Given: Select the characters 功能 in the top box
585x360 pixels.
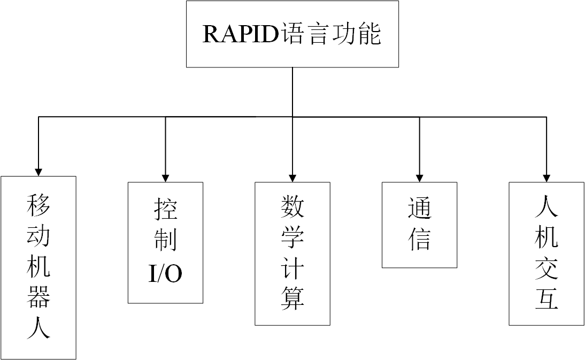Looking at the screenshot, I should coord(357,34).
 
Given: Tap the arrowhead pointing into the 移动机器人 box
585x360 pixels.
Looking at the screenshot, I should coord(39,171).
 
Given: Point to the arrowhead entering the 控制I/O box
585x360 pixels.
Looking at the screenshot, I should coord(165,177).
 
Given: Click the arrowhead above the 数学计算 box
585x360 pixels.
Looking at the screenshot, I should coord(292,177).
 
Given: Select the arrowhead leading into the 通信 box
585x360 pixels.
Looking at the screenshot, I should coord(419,177).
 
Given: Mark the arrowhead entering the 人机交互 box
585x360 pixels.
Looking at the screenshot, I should coord(546,177).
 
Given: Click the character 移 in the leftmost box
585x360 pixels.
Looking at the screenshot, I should coord(39,205).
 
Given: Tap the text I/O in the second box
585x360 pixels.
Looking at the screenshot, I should coord(165,273).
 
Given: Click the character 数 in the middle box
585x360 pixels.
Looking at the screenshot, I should coord(292,206).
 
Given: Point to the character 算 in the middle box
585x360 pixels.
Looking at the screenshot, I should coord(292,298).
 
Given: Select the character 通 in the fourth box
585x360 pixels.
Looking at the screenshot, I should coord(419,209).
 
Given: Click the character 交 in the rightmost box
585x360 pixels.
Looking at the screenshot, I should coord(546,267).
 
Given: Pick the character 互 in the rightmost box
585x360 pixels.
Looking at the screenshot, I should coord(546,298).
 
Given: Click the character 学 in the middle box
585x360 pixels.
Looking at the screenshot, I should coord(292,236).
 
